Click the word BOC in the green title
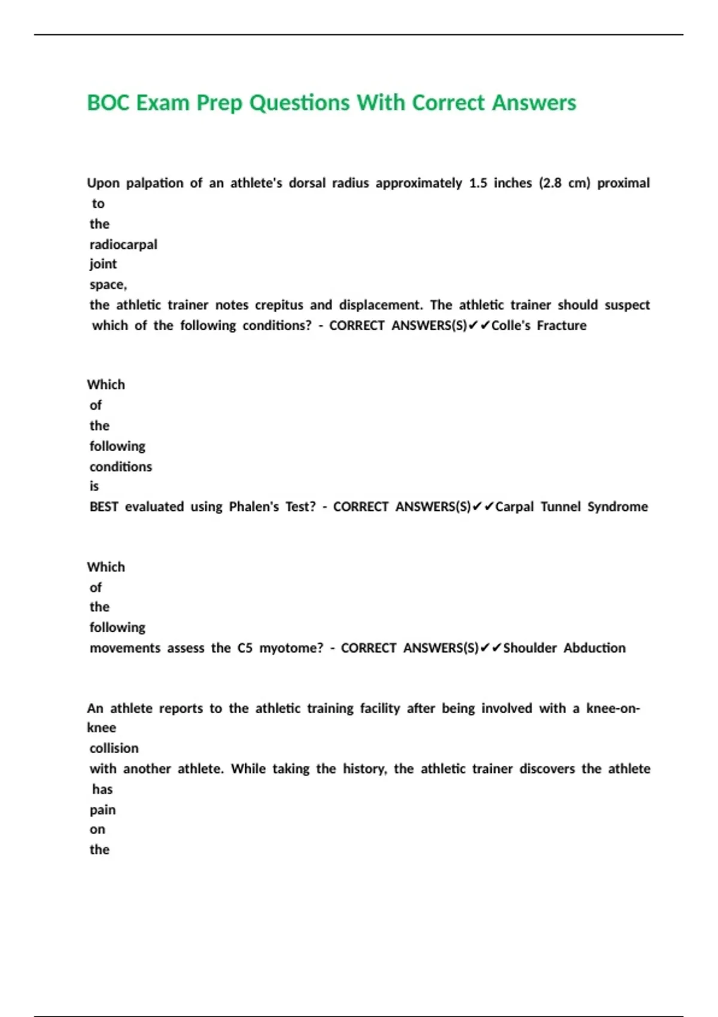(108, 103)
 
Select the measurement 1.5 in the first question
(477, 183)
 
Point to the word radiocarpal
(123, 245)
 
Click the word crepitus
(279, 305)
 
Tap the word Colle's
(510, 325)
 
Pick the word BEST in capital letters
(104, 507)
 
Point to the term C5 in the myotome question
(245, 648)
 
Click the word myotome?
(291, 648)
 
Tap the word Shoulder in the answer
(530, 648)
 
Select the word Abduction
(594, 648)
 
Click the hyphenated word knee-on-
(613, 708)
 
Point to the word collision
(114, 748)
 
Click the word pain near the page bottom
(102, 810)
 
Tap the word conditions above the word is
(121, 467)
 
